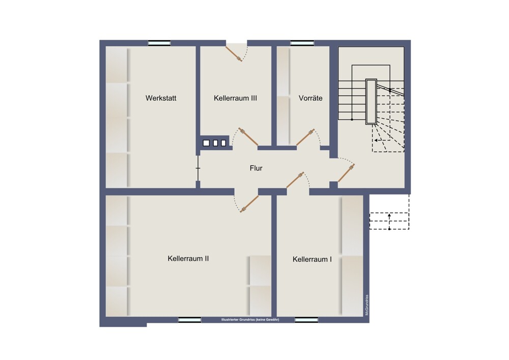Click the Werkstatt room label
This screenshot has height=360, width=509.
click(161, 98)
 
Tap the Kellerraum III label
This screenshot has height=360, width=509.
click(235, 98)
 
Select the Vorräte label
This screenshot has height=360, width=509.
click(310, 98)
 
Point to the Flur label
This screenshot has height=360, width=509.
click(256, 168)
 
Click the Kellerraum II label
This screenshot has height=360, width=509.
click(188, 259)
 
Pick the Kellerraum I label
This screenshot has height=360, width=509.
click(313, 259)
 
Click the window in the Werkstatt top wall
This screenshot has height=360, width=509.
click(159, 43)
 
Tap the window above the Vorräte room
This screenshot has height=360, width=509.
click(302, 43)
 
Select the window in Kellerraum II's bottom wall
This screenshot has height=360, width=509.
click(189, 320)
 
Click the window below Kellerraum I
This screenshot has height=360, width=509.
click(306, 320)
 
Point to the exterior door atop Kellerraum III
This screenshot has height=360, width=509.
click(236, 52)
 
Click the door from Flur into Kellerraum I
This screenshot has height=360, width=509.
click(297, 180)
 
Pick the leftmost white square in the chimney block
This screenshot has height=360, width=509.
click(206, 143)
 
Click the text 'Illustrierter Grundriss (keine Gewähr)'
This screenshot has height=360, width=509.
click(250, 320)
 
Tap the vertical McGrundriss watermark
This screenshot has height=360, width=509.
click(366, 305)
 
